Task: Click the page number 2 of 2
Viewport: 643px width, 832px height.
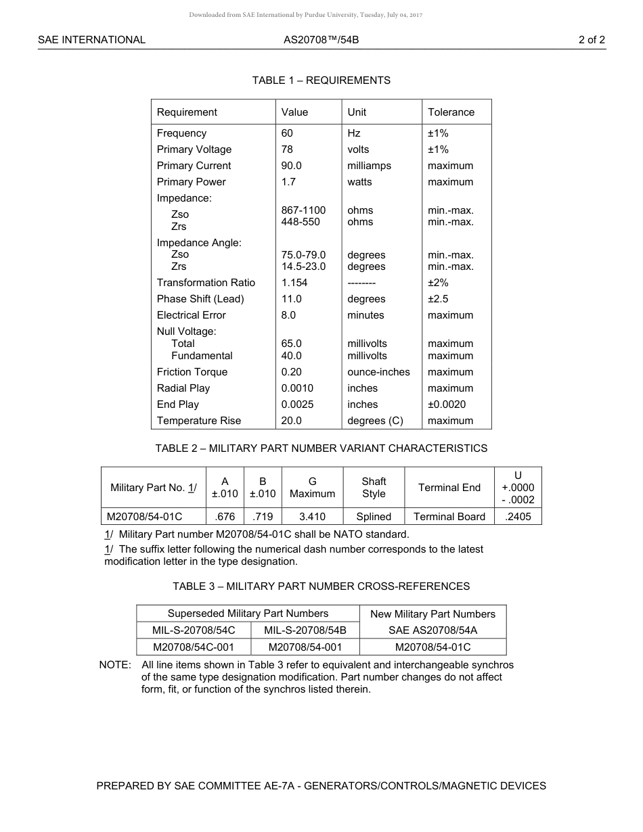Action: (x=592, y=40)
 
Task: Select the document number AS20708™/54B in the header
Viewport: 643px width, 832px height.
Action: (x=321, y=40)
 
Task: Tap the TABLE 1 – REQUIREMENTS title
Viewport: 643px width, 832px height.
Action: (x=321, y=80)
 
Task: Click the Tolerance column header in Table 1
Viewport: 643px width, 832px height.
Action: (x=451, y=112)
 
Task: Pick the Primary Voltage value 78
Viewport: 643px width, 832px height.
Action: (x=287, y=149)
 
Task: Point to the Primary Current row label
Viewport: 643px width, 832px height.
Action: (x=194, y=166)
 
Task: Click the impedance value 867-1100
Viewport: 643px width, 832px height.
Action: (x=303, y=210)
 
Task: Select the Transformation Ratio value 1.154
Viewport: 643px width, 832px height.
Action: (x=294, y=283)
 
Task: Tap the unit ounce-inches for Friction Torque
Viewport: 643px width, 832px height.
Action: (x=378, y=372)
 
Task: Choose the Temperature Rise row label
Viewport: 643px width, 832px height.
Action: (x=198, y=421)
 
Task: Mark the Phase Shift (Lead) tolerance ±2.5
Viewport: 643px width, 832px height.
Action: (x=438, y=299)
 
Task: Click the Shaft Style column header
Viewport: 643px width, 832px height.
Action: (x=374, y=488)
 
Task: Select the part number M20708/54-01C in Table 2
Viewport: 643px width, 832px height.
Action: (x=144, y=517)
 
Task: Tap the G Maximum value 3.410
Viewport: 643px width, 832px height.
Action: (x=312, y=517)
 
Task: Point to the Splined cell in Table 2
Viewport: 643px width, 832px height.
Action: (x=374, y=517)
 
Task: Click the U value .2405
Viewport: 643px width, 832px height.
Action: (x=518, y=517)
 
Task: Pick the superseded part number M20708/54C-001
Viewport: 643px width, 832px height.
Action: (x=194, y=647)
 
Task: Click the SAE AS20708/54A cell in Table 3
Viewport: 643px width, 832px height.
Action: (x=433, y=630)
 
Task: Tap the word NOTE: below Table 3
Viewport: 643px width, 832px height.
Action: (x=115, y=665)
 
